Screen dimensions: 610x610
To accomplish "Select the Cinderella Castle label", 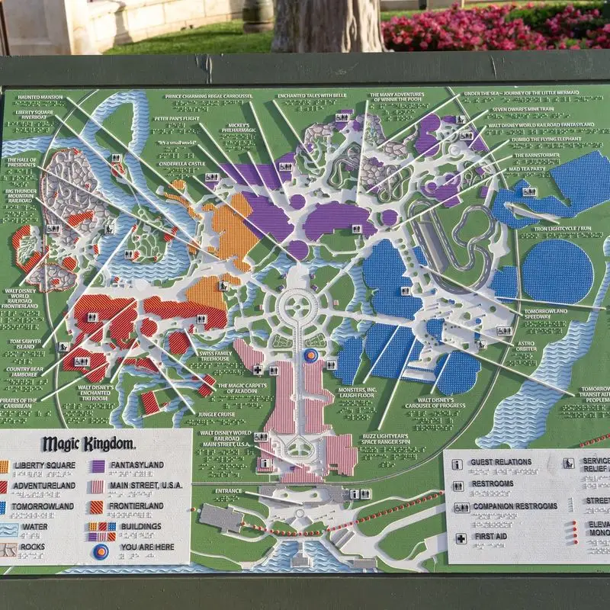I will pos(181,163).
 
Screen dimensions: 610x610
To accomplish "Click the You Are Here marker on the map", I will pos(310,355).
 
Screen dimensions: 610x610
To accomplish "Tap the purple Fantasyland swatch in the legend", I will pos(98,465).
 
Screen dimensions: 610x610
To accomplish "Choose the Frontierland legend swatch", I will pos(98,506).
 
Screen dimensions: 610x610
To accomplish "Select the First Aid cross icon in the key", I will pos(461,538).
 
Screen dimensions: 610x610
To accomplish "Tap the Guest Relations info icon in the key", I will pos(457,463).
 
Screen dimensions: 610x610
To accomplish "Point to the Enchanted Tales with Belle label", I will pos(312,96).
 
